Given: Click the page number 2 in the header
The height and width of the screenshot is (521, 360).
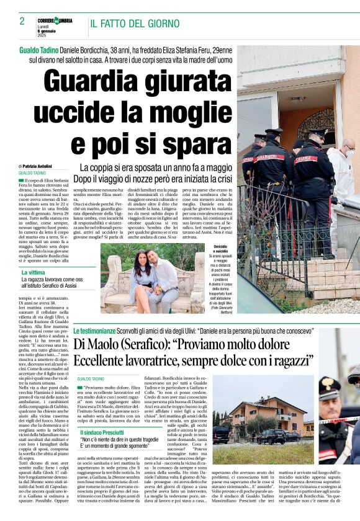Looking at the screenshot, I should point(22,21).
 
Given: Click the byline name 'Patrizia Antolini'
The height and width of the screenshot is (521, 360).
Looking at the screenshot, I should point(38,167).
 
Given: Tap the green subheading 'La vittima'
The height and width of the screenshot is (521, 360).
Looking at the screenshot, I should point(34,272).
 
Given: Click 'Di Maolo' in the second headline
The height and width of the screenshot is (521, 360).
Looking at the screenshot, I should point(99,345).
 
